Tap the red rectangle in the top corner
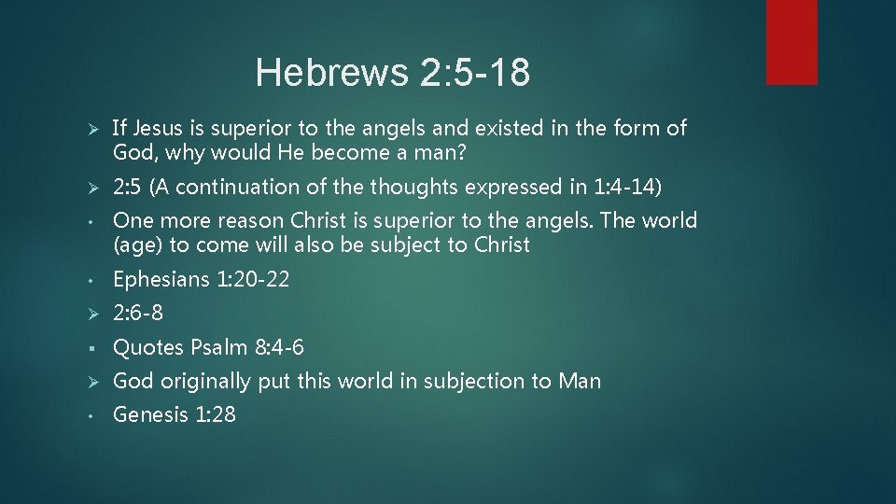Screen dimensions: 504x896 791,42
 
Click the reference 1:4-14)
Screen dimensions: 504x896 628,187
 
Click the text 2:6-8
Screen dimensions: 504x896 138,313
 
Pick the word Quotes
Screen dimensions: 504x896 148,347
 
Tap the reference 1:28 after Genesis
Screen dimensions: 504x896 216,414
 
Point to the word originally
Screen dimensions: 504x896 205,381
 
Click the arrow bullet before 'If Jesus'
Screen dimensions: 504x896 81,128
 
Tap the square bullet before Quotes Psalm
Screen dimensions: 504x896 82,348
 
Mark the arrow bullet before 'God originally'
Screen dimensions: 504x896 81,381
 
